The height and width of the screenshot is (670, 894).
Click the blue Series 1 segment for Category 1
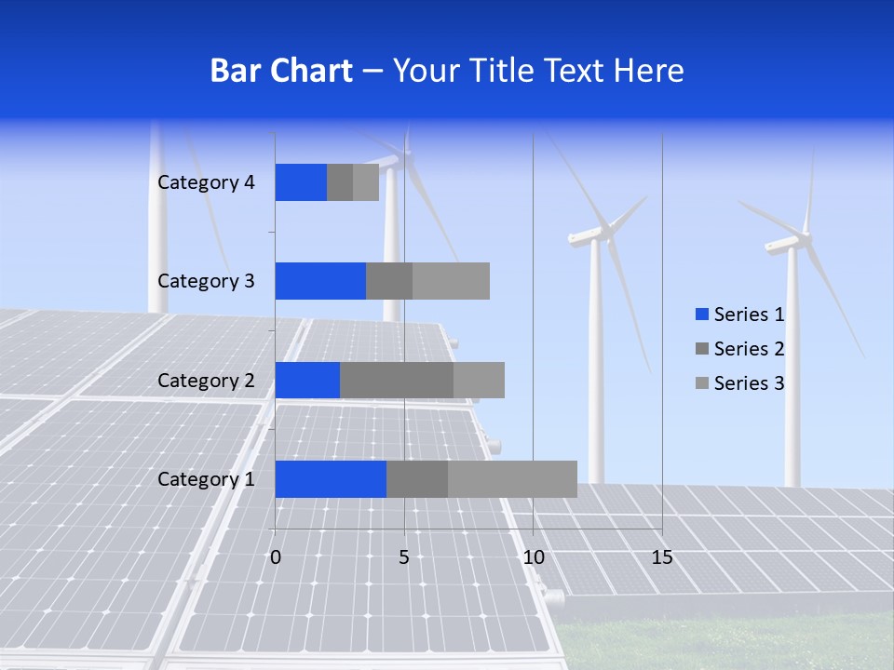[x=331, y=479]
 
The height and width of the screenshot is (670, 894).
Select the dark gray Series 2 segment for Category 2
[x=397, y=381]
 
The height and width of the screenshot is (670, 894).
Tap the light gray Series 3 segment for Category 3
[x=451, y=281]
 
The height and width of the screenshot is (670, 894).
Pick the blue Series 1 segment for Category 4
[x=301, y=182]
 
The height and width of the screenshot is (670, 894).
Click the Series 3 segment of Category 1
[x=512, y=479]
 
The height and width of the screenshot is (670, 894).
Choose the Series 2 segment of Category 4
[x=340, y=182]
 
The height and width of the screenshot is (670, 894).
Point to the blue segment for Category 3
[x=320, y=281]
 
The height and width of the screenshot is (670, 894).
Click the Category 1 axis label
[x=206, y=479]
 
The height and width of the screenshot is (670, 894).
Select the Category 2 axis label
[x=206, y=381]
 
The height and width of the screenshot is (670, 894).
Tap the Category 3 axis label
[x=206, y=281]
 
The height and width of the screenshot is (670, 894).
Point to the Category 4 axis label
[x=206, y=182]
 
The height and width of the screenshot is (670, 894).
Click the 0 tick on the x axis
[x=275, y=558]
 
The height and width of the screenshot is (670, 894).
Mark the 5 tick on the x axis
[x=404, y=558]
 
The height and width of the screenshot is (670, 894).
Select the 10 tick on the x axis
[x=533, y=558]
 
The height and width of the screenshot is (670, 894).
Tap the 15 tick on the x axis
[x=662, y=558]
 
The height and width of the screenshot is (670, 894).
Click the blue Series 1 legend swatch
[x=701, y=315]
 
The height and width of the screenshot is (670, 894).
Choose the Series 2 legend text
[x=749, y=349]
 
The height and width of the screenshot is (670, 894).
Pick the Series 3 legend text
[x=749, y=383]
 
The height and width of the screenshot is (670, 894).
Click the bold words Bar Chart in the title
[x=281, y=71]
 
